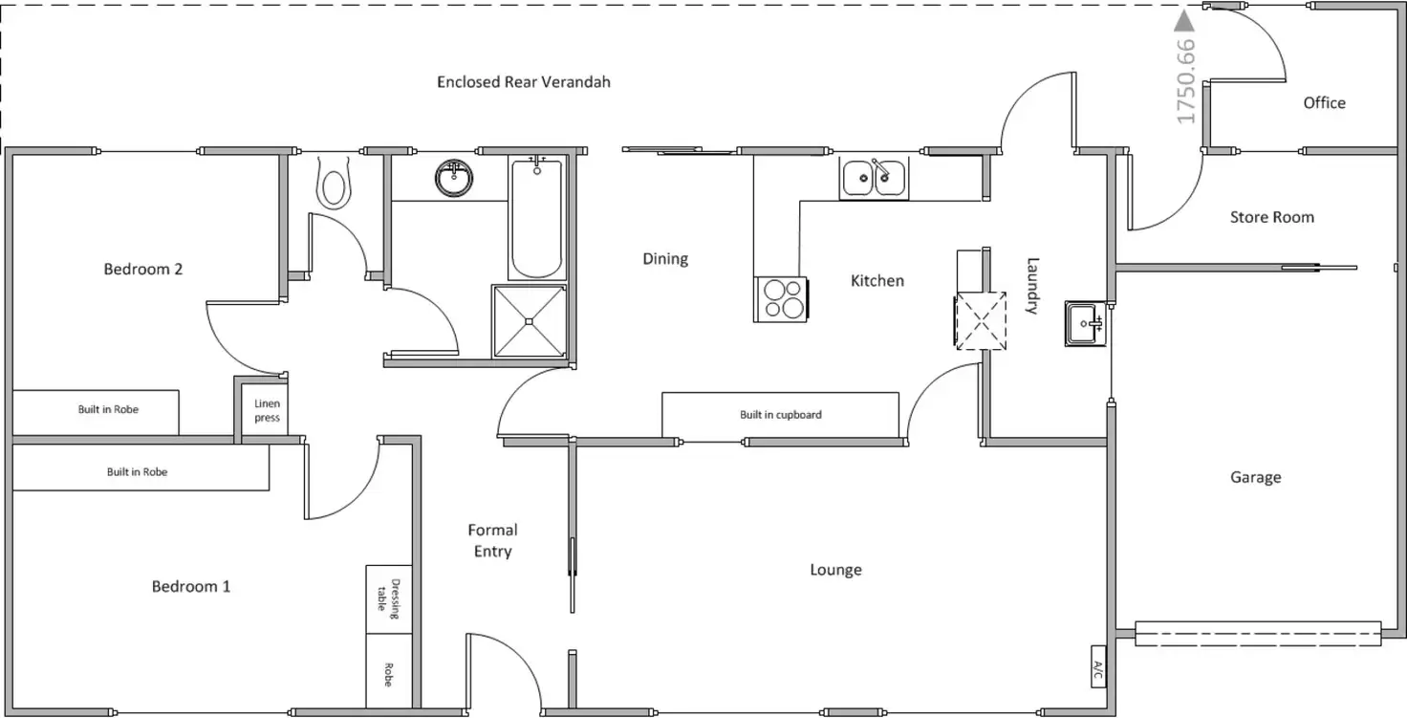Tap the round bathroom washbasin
453,178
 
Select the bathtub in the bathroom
536,219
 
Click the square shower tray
529,321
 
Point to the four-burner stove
781,298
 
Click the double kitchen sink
875,179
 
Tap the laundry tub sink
1085,323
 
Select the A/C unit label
1098,666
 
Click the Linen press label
268,411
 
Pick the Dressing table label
389,596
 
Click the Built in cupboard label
781,415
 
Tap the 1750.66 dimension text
1186,81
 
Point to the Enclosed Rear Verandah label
524,82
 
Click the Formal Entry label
493,540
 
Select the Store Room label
1271,217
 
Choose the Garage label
1255,477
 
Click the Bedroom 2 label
143,269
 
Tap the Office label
1324,102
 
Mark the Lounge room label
835,570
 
